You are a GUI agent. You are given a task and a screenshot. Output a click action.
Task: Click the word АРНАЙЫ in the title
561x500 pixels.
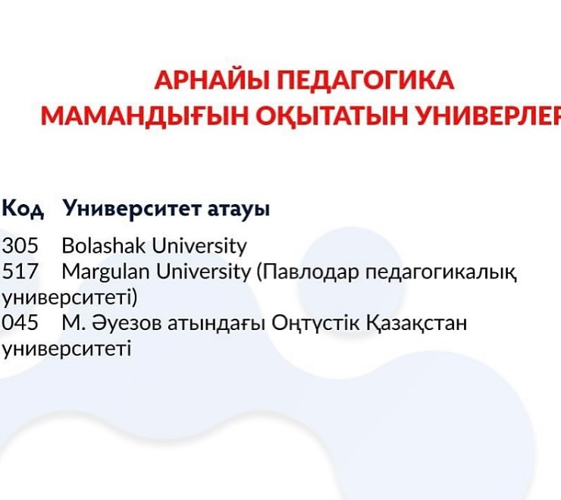pos(212,80)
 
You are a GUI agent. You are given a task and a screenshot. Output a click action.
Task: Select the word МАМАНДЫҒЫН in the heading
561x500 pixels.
pos(145,116)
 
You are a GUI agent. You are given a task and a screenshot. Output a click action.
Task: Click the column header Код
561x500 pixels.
pos(23,209)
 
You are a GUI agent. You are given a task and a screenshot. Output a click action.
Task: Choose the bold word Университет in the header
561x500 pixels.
pos(131,209)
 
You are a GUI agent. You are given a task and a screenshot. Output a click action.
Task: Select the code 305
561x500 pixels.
pos(20,246)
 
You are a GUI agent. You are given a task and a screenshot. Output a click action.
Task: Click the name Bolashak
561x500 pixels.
pos(104,245)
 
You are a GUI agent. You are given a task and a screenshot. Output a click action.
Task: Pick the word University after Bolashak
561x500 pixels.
pos(199,246)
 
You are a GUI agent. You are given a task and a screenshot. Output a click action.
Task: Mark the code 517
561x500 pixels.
pos(20,272)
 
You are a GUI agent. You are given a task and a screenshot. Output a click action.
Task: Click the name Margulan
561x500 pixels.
pos(106,272)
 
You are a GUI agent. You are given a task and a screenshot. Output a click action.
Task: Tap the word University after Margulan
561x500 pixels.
pos(204,272)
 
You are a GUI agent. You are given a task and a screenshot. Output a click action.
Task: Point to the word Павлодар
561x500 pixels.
pos(308,272)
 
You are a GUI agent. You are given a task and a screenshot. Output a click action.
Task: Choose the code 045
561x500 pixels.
pos(20,322)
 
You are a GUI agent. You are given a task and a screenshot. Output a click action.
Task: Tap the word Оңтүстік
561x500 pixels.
pos(315,323)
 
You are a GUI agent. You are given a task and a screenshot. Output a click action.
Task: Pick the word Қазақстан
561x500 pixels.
pos(417,323)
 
